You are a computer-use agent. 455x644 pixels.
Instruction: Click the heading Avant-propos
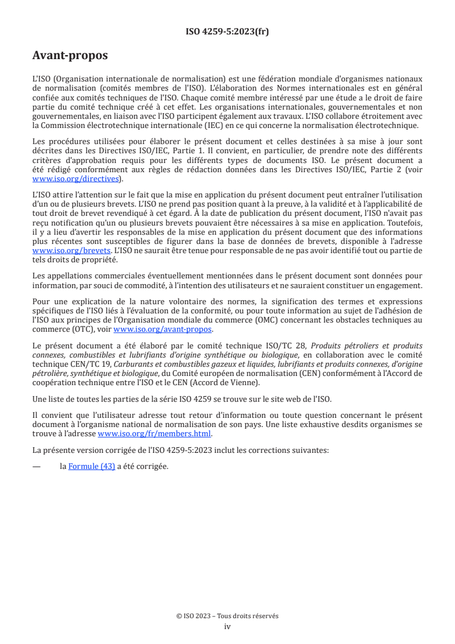[x=70, y=56]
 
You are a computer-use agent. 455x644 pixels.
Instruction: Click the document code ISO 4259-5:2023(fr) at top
[x=227, y=32]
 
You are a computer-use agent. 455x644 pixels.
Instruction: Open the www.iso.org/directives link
[x=76, y=179]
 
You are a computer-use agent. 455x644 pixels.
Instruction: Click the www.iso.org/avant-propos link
[x=163, y=329]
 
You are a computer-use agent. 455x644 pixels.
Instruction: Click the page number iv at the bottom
[x=227, y=626]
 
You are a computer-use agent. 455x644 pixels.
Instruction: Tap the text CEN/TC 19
[x=77, y=364]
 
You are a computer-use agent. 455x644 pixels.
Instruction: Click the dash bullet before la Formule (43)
[x=37, y=466]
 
